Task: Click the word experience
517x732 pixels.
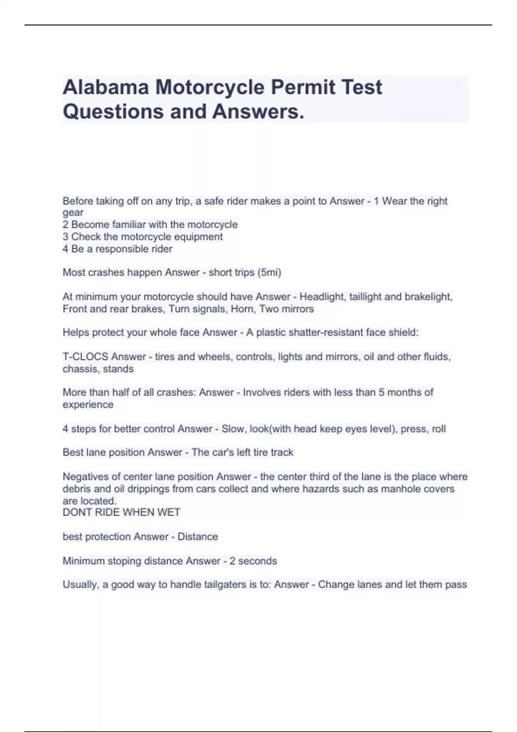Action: pyautogui.click(x=88, y=405)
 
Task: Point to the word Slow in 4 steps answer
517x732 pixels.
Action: pyautogui.click(x=232, y=429)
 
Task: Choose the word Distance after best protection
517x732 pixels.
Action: pyautogui.click(x=198, y=537)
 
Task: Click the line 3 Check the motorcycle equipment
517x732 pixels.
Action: pyautogui.click(x=143, y=237)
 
